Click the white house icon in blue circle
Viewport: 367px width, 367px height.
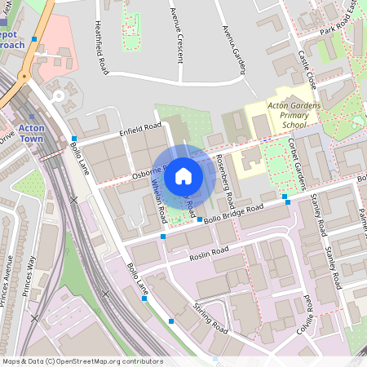pos(183,175)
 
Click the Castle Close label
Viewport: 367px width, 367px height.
pos(307,69)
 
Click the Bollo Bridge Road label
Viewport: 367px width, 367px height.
pos(235,214)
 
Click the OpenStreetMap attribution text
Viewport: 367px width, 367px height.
pos(82,361)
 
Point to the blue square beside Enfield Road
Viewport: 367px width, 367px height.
pos(73,139)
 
